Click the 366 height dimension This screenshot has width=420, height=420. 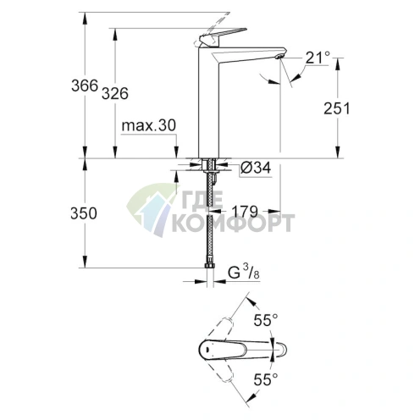[85, 86]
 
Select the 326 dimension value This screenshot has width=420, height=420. [115, 93]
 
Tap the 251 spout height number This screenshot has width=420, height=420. [336, 108]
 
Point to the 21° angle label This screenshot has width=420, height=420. [318, 58]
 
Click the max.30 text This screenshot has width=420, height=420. [149, 125]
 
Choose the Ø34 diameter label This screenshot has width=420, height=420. [256, 168]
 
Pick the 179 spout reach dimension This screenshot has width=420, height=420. [245, 211]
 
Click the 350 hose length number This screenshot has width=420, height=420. [84, 213]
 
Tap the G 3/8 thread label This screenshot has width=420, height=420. [244, 273]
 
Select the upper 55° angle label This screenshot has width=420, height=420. [266, 320]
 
